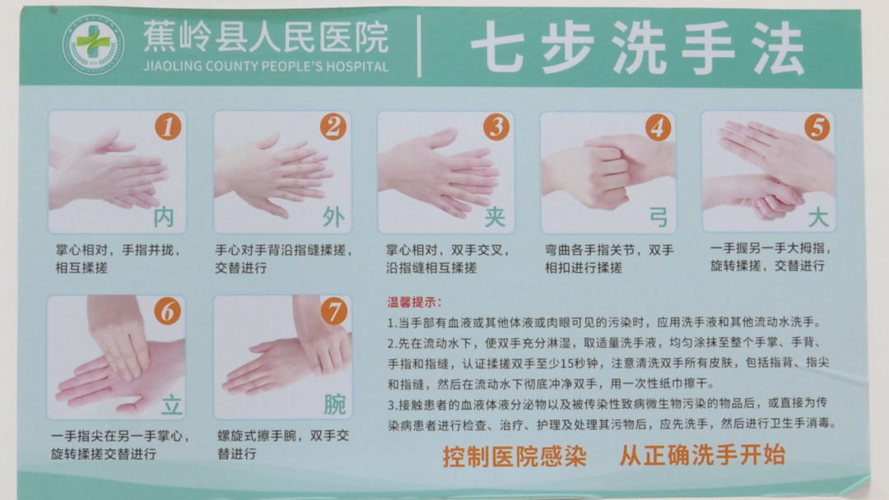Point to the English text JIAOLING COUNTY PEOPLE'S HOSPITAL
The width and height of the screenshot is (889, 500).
click(x=265, y=67)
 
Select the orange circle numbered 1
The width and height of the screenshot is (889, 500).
click(x=168, y=127)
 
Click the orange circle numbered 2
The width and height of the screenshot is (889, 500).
click(x=333, y=127)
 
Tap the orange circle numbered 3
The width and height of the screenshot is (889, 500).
click(x=496, y=127)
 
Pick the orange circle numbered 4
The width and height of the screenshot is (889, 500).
click(x=657, y=127)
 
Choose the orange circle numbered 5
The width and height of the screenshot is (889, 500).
click(x=817, y=127)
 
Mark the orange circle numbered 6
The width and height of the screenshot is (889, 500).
click(x=168, y=312)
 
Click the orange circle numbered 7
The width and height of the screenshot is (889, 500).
click(x=333, y=312)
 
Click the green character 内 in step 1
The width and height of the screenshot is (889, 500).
click(x=165, y=218)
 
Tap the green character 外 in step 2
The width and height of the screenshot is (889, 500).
click(x=333, y=218)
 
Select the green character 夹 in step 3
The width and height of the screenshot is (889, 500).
click(x=495, y=218)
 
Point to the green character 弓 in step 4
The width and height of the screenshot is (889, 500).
click(x=657, y=218)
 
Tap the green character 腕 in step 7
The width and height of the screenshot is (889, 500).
click(x=334, y=404)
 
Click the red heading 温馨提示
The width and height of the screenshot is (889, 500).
click(x=414, y=302)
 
